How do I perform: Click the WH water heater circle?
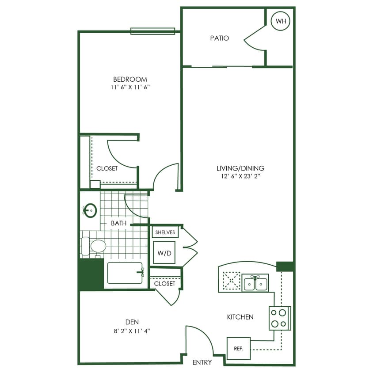[x=280, y=21]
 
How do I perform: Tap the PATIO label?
[x=219, y=38]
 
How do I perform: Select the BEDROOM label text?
[x=129, y=80]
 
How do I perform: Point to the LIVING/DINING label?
[x=240, y=168]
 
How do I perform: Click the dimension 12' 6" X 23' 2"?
[x=240, y=176]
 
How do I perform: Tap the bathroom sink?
[x=91, y=210]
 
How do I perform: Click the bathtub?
[x=125, y=273]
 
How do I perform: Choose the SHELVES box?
[x=165, y=232]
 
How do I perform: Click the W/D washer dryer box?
[x=164, y=253]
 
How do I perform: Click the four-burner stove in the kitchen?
[x=279, y=318]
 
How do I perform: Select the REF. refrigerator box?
[x=239, y=348]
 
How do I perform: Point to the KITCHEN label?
[x=240, y=317]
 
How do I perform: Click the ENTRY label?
[x=202, y=362]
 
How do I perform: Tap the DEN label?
[x=133, y=322]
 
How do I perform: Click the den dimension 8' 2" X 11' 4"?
[x=133, y=330]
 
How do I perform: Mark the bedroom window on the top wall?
[x=152, y=31]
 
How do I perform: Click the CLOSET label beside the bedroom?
[x=107, y=168]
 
